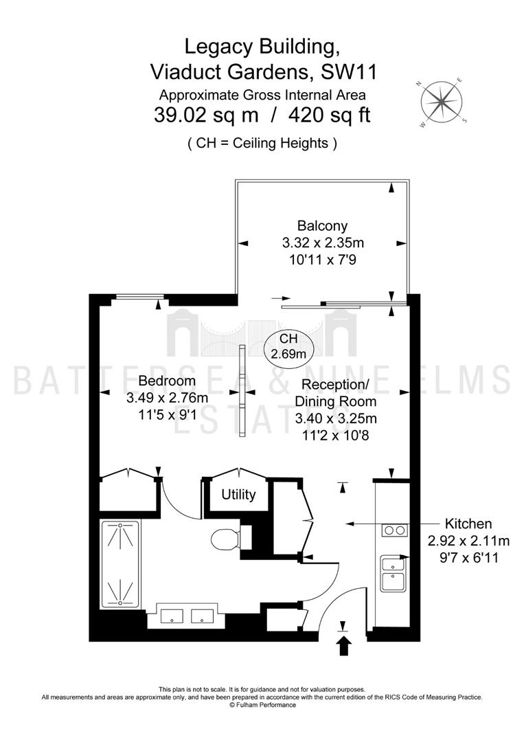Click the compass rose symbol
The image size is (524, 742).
pyautogui.click(x=441, y=102)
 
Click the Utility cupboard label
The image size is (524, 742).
pyautogui.click(x=238, y=495)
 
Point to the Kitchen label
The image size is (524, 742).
pyautogui.click(x=468, y=524)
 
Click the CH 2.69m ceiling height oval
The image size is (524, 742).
pyautogui.click(x=288, y=346)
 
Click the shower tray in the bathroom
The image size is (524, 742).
pyautogui.click(x=121, y=565)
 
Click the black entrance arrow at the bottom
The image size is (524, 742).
pyautogui.click(x=344, y=645)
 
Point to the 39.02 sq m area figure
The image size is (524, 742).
pyautogui.click(x=206, y=115)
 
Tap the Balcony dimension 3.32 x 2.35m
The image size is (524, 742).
pyautogui.click(x=323, y=243)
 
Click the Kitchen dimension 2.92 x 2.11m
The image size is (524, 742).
pyautogui.click(x=468, y=541)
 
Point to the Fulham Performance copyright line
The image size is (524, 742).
pyautogui.click(x=262, y=705)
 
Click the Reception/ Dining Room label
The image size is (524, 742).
pyautogui.click(x=336, y=393)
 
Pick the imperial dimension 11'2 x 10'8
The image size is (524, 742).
pyautogui.click(x=336, y=435)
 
